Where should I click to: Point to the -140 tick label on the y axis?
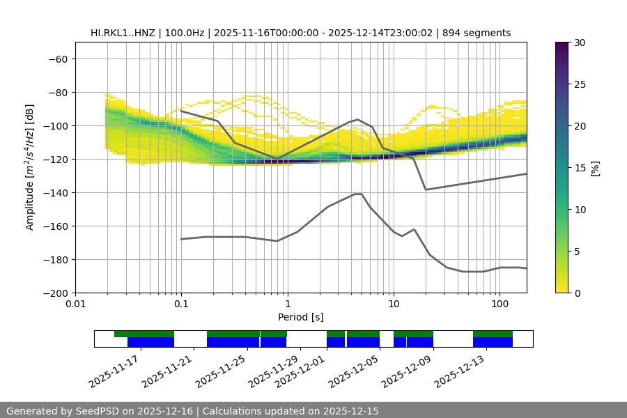click(56, 193)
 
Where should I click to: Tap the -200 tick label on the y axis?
click(56, 293)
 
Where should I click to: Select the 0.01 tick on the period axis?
click(75, 304)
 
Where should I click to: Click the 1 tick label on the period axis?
click(287, 304)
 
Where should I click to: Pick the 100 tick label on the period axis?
click(499, 304)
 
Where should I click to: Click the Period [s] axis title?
click(300, 317)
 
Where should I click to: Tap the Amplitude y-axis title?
click(30, 167)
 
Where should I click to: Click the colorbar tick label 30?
click(580, 42)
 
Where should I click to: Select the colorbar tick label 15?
click(580, 168)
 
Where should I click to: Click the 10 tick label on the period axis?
click(393, 304)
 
